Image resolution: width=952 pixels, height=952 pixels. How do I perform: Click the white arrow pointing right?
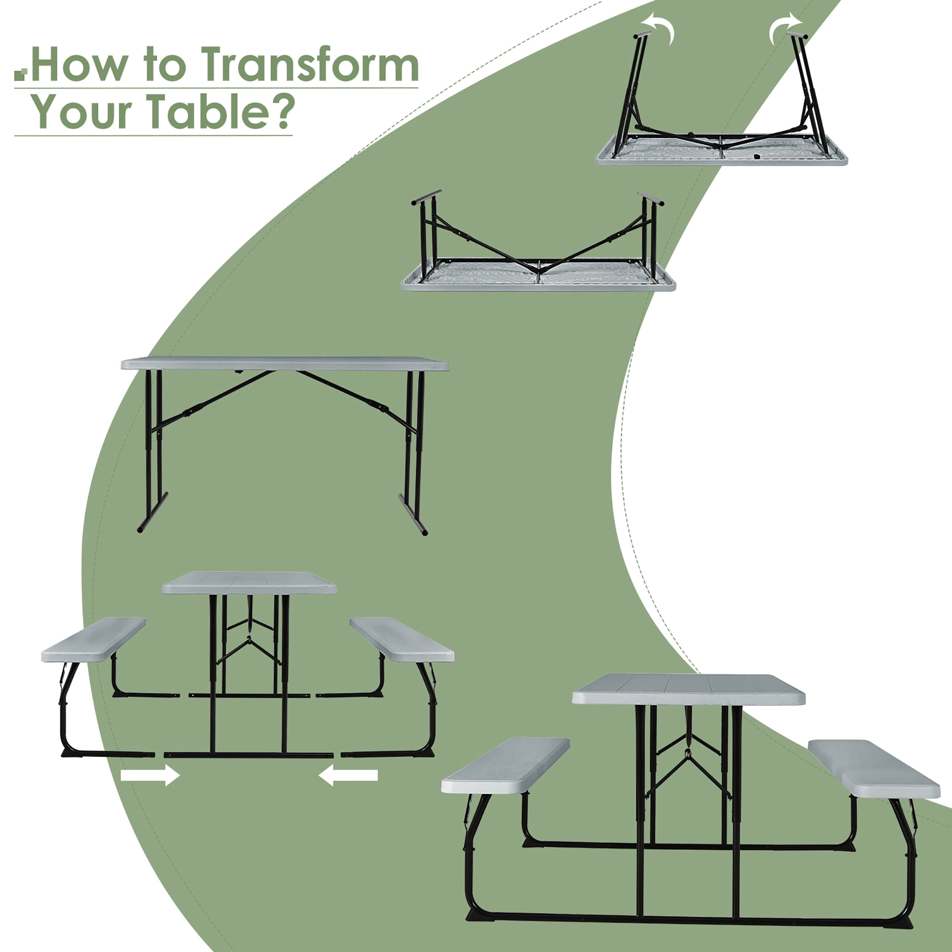click(150, 775)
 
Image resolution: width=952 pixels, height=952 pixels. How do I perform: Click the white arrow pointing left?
click(348, 775)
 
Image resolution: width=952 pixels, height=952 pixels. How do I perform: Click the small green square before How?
click(20, 75)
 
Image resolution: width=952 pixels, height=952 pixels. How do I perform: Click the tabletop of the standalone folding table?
click(285, 363)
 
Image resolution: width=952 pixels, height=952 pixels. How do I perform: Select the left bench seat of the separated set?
click(94, 639)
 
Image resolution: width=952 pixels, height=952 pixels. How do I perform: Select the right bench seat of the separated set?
click(402, 639)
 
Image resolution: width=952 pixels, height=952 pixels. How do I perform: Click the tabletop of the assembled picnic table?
click(689, 689)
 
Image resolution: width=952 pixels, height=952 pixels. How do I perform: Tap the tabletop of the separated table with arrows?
click(249, 583)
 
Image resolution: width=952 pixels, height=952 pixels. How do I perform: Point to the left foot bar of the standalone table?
click(152, 512)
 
